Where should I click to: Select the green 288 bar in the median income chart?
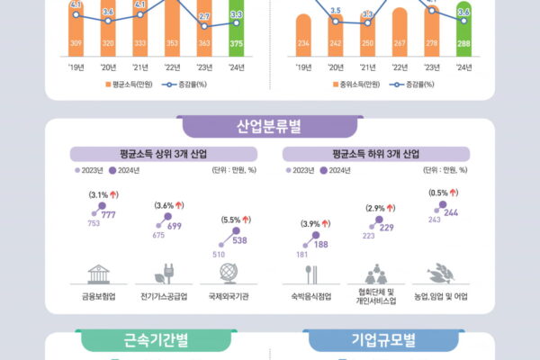pyautogui.click(x=463, y=36)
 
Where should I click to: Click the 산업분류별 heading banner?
pyautogui.click(x=269, y=124)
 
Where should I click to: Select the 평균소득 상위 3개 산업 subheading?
pyautogui.click(x=154, y=154)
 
